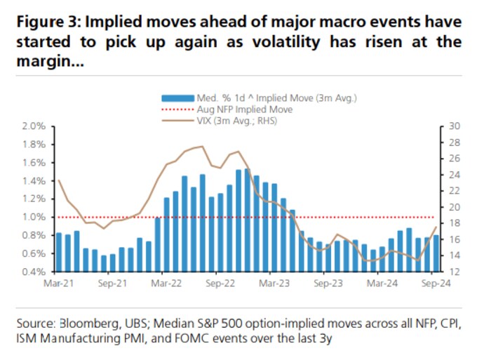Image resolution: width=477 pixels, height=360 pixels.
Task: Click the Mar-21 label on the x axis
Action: (58, 284)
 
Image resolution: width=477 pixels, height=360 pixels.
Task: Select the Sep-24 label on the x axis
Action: (436, 284)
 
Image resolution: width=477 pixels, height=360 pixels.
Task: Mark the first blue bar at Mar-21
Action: (59, 252)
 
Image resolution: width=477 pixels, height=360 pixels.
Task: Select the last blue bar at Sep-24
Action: (436, 253)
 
